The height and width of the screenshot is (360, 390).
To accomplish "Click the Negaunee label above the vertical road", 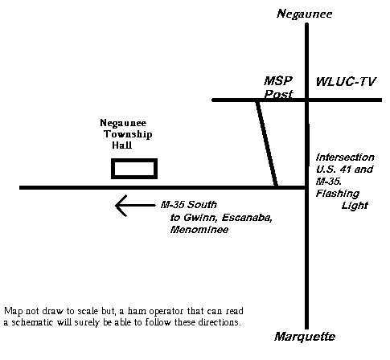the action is [x=305, y=14].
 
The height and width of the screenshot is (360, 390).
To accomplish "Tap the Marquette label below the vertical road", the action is [x=305, y=337].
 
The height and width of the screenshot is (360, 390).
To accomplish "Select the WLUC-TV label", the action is [x=346, y=82].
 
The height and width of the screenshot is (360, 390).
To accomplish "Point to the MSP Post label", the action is [x=278, y=88].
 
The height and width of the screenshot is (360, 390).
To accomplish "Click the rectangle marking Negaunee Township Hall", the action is [x=134, y=160].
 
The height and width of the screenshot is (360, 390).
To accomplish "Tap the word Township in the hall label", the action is [x=128, y=134].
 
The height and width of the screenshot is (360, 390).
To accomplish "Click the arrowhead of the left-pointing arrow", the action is [x=121, y=206].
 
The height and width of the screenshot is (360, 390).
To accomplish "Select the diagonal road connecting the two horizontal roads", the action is [x=267, y=144].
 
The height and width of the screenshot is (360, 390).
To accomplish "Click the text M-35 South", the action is [x=189, y=205].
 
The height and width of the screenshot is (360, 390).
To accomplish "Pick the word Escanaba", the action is [x=247, y=218].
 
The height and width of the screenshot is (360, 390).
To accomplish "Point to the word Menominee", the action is [x=199, y=230].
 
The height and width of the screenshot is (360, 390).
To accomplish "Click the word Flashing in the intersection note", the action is [x=337, y=194].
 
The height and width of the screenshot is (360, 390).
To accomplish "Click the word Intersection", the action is [x=345, y=157].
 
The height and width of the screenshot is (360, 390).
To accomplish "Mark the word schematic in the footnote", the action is [x=32, y=322].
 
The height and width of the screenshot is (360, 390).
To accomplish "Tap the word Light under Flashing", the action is [x=355, y=206].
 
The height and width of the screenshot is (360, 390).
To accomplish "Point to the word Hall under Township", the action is [x=122, y=145].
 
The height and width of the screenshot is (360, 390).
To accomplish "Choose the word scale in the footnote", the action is [x=88, y=311].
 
